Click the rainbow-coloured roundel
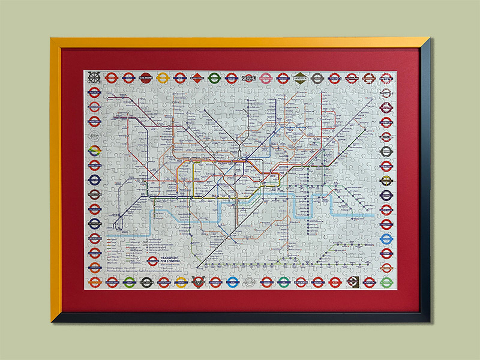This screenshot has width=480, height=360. [94, 151]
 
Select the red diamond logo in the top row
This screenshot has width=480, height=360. [197, 77]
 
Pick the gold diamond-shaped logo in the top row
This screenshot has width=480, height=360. [300, 77]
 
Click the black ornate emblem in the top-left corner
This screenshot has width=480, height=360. [94, 77]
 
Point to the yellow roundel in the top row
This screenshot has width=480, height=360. [163, 77]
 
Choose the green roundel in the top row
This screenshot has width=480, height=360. [214, 77]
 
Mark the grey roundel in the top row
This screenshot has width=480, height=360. [317, 77]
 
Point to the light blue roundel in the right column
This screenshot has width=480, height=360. [386, 239]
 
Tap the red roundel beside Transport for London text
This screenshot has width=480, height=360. [153, 261]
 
